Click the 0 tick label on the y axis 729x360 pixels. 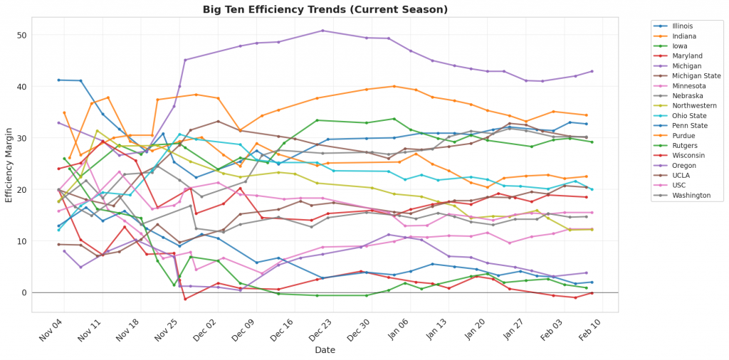point(23,292)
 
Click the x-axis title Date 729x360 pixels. point(325,350)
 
